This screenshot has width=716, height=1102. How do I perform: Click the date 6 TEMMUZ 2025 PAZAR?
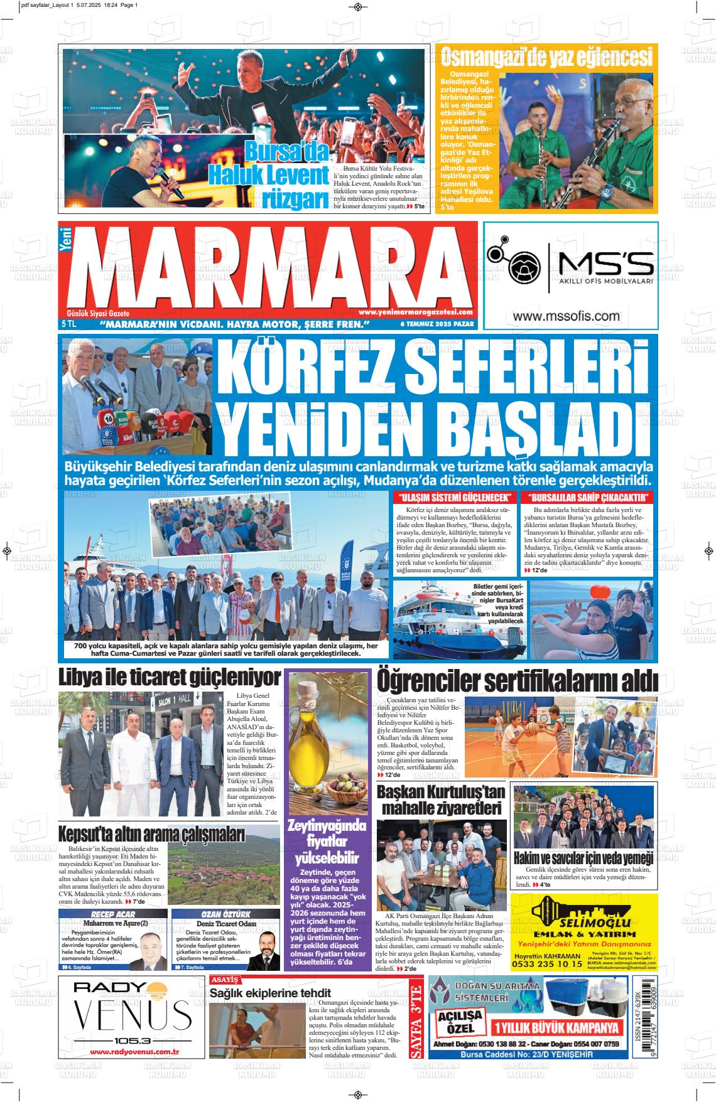point(437,324)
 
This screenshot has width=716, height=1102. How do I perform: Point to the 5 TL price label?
point(68,324)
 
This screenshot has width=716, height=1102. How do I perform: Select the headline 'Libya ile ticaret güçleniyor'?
point(170,678)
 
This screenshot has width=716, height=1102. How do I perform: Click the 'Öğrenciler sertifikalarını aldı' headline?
point(517,680)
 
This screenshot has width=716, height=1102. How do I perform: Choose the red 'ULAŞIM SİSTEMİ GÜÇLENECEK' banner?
point(446,498)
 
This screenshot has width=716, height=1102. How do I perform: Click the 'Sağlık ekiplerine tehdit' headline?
point(270,993)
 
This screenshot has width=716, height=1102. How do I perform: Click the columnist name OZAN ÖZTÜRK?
point(225,914)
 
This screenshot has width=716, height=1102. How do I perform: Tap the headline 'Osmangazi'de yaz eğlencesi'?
point(546,58)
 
